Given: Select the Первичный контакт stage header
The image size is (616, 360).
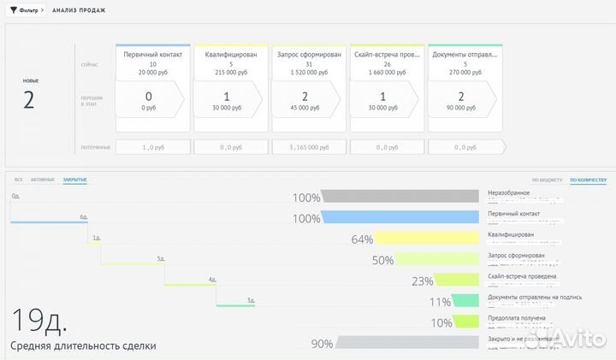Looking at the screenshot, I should click(152, 54).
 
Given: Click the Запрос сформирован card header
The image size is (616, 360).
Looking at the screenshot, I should click(309, 54).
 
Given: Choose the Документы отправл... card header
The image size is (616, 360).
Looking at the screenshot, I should click(465, 54).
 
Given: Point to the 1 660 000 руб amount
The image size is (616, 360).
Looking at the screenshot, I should click(388, 73).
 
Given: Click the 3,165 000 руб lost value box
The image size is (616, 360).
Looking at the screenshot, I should click(309, 147).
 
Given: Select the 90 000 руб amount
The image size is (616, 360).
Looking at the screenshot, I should click(465, 109).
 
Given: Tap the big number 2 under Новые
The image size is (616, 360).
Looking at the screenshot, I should click(28, 99).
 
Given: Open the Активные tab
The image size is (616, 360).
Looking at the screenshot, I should click(42, 180).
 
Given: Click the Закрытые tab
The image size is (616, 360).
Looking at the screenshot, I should click(74, 180).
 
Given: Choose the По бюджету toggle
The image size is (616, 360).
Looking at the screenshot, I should click(547, 180).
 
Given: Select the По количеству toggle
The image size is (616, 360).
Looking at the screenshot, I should click(588, 180).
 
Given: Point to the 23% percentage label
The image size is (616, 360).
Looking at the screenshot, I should click(422, 281).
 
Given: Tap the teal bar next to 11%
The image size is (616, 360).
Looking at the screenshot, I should click(465, 301).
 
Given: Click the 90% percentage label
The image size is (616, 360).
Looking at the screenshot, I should click(322, 344).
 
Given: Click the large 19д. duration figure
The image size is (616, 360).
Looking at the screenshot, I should click(38, 320).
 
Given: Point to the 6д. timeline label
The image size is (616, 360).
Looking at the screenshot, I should click(84, 217).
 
